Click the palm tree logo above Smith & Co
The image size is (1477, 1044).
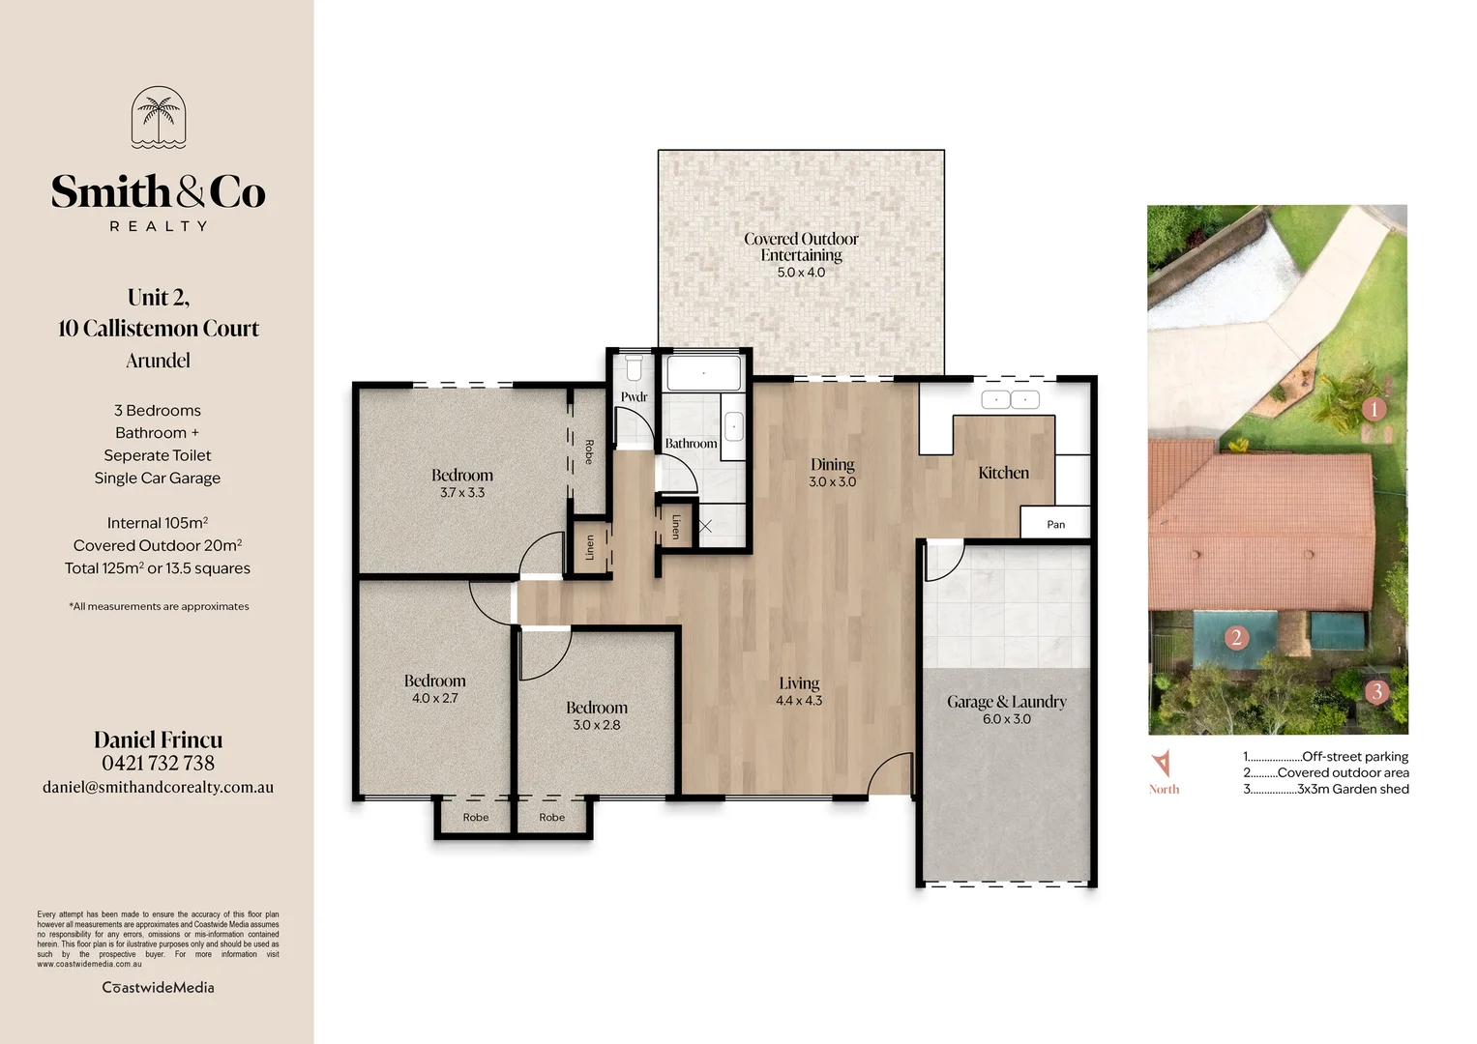tap(159, 117)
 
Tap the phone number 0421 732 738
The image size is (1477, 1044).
tap(159, 763)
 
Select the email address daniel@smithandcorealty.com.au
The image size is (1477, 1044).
tap(159, 787)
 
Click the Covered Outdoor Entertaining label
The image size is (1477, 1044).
tap(801, 246)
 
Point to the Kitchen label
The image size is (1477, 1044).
tap(1003, 473)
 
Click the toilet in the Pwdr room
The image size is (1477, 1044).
tap(634, 368)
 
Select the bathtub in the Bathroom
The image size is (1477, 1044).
tap(703, 373)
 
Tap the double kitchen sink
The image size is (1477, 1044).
tap(1010, 399)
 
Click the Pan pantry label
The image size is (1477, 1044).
tap(1055, 524)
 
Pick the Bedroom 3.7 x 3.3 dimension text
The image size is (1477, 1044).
tap(462, 493)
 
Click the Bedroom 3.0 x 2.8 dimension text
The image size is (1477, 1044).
tap(597, 725)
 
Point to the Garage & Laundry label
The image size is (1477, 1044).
tap(1006, 702)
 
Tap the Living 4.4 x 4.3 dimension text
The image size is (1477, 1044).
tap(799, 701)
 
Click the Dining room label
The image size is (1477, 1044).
tap(832, 464)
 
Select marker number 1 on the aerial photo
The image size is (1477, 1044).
tap(1374, 409)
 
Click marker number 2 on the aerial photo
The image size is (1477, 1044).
tap(1235, 637)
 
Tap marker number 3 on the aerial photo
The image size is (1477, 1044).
tap(1376, 691)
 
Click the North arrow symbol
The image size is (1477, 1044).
tap(1162, 763)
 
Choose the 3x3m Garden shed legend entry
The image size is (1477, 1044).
tap(1326, 789)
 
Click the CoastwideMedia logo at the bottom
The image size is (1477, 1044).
tap(159, 987)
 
